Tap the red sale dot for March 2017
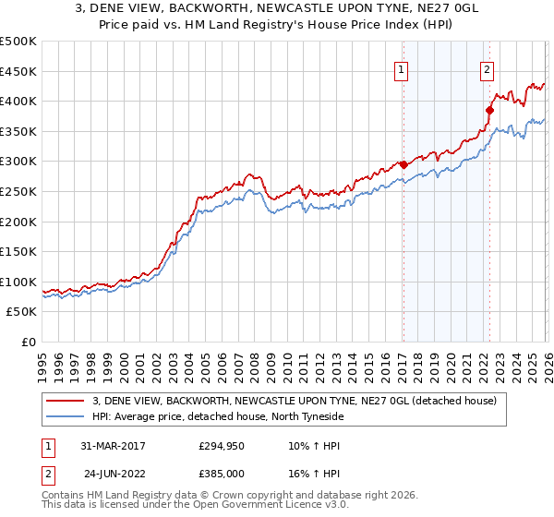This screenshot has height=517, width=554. tap(403, 164)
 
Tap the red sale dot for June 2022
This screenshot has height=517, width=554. tap(489, 111)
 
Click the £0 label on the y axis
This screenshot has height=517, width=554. tap(28, 342)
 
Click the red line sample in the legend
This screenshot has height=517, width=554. tap(66, 401)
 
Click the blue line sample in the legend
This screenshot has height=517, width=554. tap(66, 416)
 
